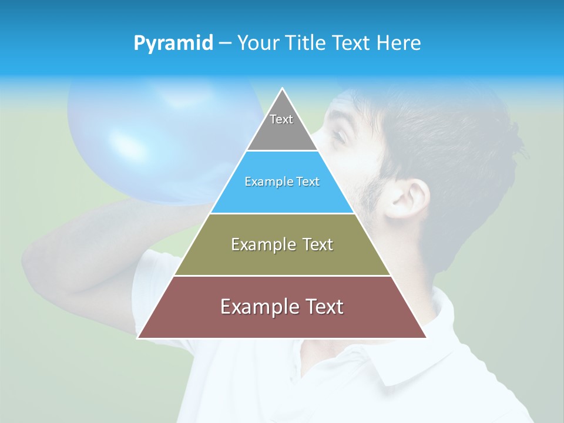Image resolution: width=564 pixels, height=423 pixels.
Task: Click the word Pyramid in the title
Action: coord(173,43)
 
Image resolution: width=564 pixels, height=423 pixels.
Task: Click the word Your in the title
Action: coord(257,43)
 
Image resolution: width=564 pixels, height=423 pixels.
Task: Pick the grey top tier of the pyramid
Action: coord(282,132)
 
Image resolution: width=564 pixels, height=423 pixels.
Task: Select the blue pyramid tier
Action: coord(282,197)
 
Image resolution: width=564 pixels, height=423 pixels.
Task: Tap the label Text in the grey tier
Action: coord(281,119)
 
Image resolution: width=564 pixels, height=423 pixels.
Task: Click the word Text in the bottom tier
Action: coord(323,307)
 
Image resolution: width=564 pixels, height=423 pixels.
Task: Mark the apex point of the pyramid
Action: coord(282,89)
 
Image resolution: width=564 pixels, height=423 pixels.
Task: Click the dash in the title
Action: coord(224,43)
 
